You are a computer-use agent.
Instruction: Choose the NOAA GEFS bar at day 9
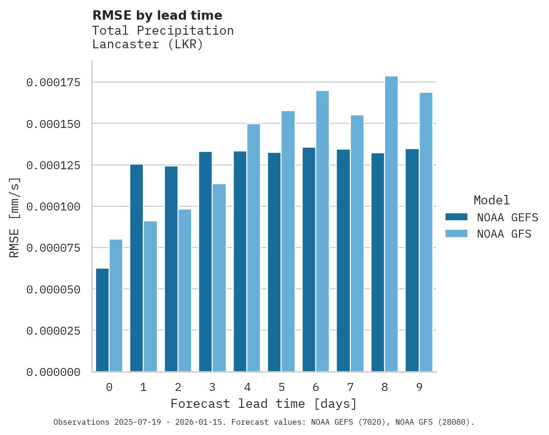tap(412, 260)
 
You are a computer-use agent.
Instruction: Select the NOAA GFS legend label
tap(504, 233)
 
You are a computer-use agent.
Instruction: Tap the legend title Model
tap(491, 200)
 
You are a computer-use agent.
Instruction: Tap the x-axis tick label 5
tap(281, 387)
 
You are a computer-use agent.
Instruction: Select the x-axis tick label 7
tap(350, 387)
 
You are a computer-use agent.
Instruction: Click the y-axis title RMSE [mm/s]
tap(15, 217)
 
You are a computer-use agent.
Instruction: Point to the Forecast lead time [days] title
tap(263, 404)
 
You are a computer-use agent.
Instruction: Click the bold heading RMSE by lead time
tap(157, 15)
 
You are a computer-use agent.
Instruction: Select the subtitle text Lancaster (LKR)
tap(148, 45)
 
